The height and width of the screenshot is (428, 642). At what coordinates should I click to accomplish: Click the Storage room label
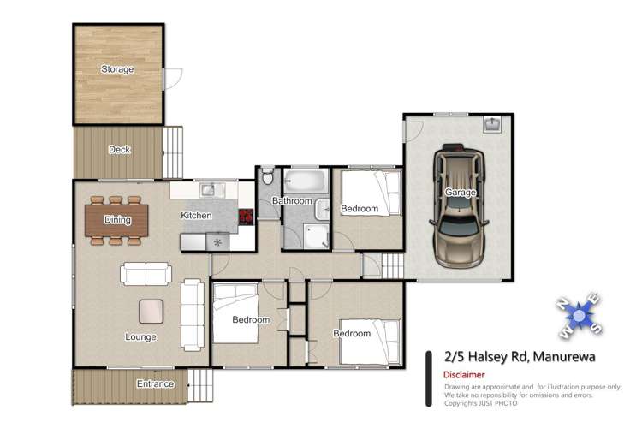pyautogui.click(x=117, y=69)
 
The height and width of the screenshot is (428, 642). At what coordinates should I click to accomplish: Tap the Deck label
pyautogui.click(x=119, y=150)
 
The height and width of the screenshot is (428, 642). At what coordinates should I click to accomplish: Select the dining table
pyautogui.click(x=117, y=220)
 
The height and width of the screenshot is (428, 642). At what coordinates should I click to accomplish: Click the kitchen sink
pyautogui.click(x=210, y=189)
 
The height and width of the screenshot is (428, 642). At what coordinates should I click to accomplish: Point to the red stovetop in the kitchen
pyautogui.click(x=246, y=217)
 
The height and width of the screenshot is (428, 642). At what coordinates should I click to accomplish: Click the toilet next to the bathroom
pyautogui.click(x=267, y=178)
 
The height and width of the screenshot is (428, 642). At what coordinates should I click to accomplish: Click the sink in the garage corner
pyautogui.click(x=492, y=125)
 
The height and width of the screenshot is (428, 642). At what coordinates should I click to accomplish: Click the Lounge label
pyautogui.click(x=140, y=337)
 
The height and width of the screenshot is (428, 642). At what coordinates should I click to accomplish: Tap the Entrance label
pyautogui.click(x=155, y=384)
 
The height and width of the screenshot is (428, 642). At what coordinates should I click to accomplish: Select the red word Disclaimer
pyautogui.click(x=465, y=375)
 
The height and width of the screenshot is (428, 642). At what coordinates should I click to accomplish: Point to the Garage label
pyautogui.click(x=460, y=193)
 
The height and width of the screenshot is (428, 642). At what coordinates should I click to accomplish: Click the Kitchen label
pyautogui.click(x=195, y=216)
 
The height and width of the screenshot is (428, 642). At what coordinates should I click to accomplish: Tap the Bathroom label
pyautogui.click(x=292, y=201)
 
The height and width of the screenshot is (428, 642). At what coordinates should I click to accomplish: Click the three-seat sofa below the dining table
pyautogui.click(x=146, y=274)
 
